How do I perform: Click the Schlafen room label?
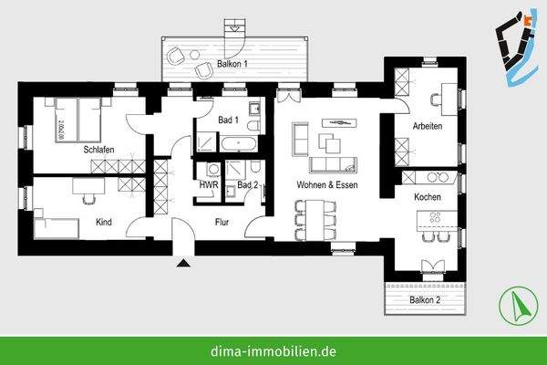pyautogui.click(x=98, y=149)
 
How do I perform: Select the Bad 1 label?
pyautogui.click(x=228, y=120)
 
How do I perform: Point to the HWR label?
pyautogui.click(x=208, y=185)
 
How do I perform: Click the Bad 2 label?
pyautogui.click(x=248, y=185)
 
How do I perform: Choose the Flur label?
pyautogui.click(x=222, y=222)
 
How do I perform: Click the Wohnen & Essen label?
pyautogui.click(x=326, y=185)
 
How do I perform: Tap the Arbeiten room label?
pyautogui.click(x=427, y=126)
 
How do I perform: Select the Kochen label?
pyautogui.click(x=428, y=197)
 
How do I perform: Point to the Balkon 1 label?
pyautogui.click(x=232, y=64)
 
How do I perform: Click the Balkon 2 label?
pyautogui.click(x=424, y=298)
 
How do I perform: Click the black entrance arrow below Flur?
pyautogui.click(x=184, y=263)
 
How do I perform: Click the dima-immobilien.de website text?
pyautogui.click(x=273, y=349)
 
